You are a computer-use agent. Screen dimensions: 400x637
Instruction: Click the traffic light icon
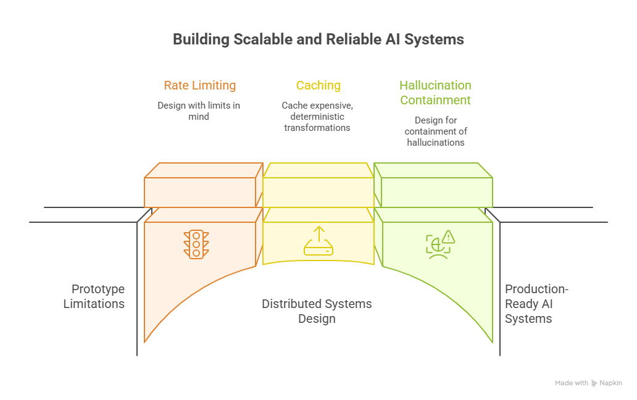point(196,244)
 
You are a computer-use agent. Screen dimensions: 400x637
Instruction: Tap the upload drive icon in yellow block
point(318,241)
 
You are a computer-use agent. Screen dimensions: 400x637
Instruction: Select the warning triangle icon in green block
point(448,236)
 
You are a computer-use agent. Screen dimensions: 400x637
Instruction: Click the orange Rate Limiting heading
point(199,85)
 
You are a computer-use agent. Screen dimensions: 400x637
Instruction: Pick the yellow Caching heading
point(318,85)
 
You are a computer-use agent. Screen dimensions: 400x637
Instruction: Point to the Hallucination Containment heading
point(435,93)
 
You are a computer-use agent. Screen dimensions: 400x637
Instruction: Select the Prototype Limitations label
point(94,296)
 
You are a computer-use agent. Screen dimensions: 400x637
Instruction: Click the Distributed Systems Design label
point(317,311)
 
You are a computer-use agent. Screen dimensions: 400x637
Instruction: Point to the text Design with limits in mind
point(199,110)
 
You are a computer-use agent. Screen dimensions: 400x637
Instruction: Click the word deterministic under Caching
point(317,116)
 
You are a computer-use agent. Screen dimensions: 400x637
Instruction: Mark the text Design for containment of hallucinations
point(436,131)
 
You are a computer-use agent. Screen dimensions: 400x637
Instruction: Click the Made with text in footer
point(571,383)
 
